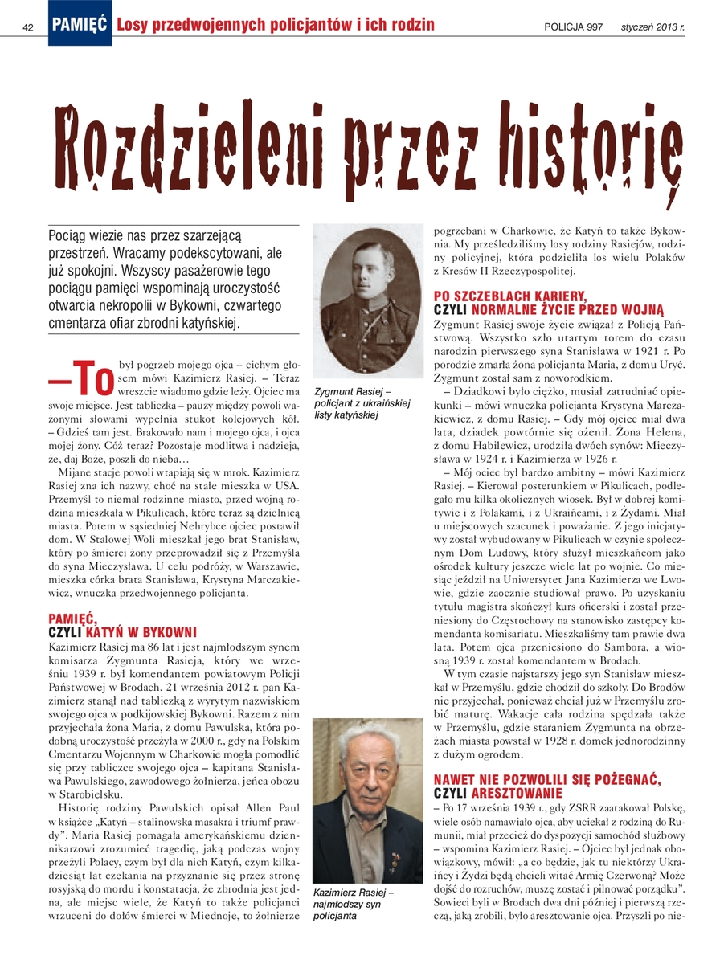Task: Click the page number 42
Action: [x=28, y=27]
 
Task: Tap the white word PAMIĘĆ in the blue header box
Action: [x=80, y=26]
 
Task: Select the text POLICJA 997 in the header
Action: [x=573, y=27]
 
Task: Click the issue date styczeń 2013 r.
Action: [x=652, y=27]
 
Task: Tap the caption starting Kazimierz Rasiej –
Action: [x=354, y=905]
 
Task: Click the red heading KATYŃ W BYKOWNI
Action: [x=141, y=634]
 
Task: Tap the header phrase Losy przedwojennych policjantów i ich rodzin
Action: [x=276, y=26]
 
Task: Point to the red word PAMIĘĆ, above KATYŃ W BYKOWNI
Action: [x=72, y=619]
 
